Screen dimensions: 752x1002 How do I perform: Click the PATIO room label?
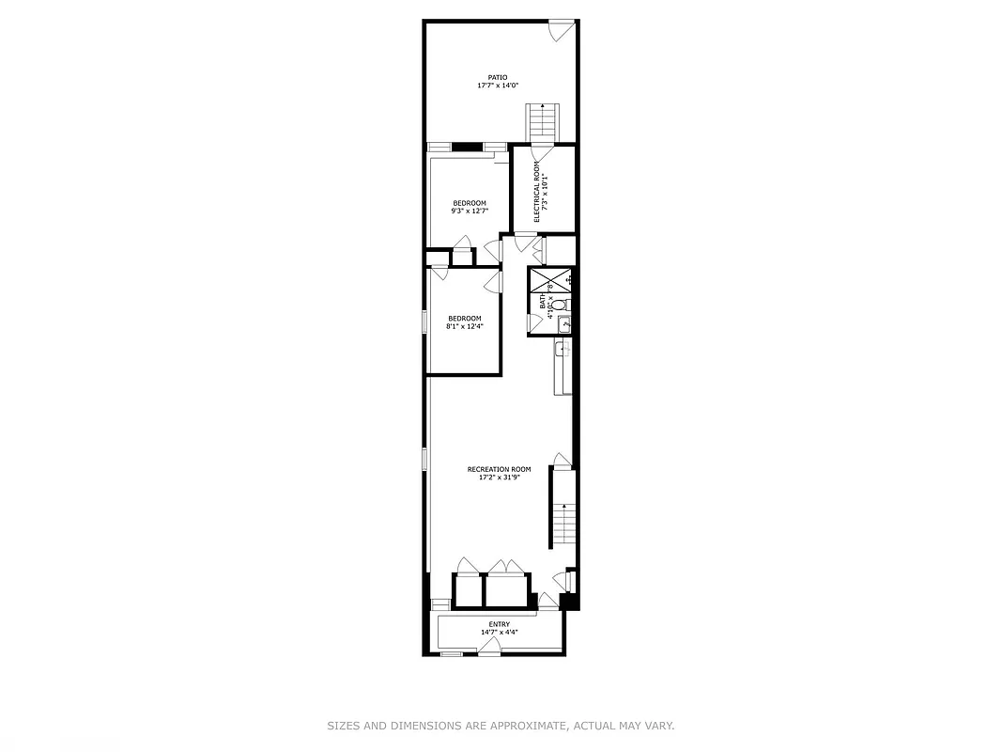(x=498, y=77)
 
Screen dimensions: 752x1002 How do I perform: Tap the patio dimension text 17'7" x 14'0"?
(x=498, y=86)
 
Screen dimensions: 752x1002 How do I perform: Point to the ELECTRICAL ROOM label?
(x=537, y=192)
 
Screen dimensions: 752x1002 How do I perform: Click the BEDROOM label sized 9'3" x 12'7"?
(x=470, y=203)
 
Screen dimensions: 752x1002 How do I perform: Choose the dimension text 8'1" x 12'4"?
(x=465, y=326)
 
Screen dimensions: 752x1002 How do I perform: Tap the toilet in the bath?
(x=559, y=305)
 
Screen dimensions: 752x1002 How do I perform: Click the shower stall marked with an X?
(x=550, y=280)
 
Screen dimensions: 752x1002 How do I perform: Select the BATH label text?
(x=543, y=302)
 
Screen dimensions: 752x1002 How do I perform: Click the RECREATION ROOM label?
(x=499, y=469)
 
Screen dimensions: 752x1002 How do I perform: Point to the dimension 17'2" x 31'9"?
(x=499, y=478)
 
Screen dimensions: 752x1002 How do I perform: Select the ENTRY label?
(x=500, y=624)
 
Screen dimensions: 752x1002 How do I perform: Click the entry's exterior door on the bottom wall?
(x=489, y=647)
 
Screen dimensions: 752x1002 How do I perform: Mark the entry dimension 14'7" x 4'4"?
(x=500, y=633)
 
